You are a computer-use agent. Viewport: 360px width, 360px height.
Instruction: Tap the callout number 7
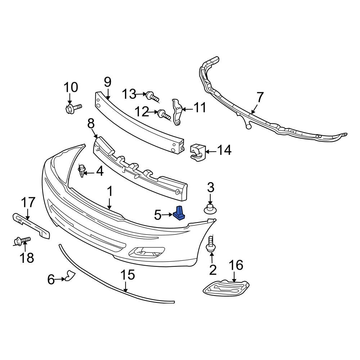tap(260, 97)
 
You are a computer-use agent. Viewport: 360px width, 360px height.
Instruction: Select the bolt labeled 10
tap(72, 108)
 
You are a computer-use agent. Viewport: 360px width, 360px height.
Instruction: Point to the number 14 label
tap(224, 150)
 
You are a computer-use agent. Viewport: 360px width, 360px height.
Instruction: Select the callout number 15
tap(127, 275)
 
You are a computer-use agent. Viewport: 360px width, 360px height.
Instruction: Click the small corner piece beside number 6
tap(69, 276)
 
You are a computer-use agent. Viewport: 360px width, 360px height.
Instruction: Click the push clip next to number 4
tap(83, 170)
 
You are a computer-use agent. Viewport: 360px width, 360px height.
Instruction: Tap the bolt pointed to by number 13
tap(152, 96)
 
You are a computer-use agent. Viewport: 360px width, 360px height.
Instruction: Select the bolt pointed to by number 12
tap(164, 115)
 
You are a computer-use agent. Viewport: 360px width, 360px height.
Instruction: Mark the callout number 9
tap(108, 82)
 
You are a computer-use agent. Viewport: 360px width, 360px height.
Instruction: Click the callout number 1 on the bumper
tap(109, 192)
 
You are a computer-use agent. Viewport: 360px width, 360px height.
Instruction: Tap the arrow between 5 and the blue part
tap(168, 215)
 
